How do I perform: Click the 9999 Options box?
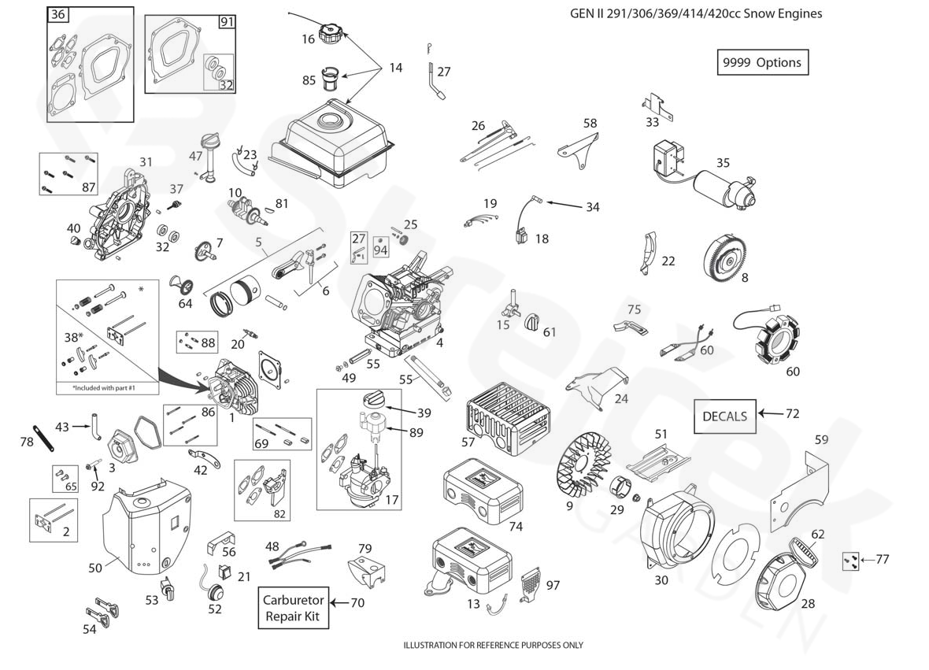[762, 62]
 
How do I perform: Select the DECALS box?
[724, 416]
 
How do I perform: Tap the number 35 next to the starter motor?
[723, 163]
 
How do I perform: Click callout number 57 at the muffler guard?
[468, 442]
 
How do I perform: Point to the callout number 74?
[516, 526]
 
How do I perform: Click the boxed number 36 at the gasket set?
[57, 15]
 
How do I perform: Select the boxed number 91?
[227, 21]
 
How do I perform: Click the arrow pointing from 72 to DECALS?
[771, 413]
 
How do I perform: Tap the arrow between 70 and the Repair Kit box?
[338, 603]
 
